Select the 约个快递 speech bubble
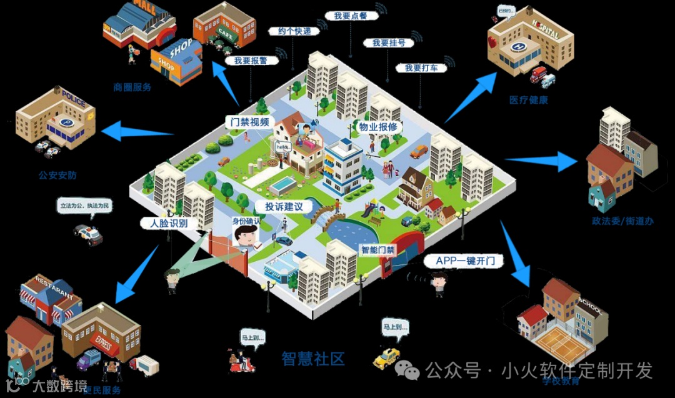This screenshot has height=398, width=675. (290, 31)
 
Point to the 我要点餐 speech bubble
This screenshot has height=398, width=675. (350, 16)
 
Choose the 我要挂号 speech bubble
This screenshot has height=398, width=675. (389, 43)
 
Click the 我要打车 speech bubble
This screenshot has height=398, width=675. (421, 67)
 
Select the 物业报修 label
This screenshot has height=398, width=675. (377, 127)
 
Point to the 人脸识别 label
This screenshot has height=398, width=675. (164, 223)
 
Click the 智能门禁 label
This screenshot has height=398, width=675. (377, 250)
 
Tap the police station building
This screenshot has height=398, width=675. (56, 119)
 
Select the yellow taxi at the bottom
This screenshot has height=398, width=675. (386, 357)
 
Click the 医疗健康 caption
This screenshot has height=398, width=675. (528, 100)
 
